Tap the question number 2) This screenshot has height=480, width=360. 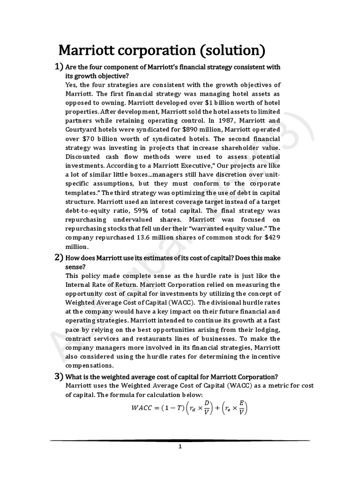[59, 258]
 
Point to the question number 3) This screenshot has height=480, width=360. [59, 376]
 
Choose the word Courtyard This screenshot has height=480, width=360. [82, 129]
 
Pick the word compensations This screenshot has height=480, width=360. [89, 365]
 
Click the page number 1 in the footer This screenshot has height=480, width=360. [180, 447]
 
